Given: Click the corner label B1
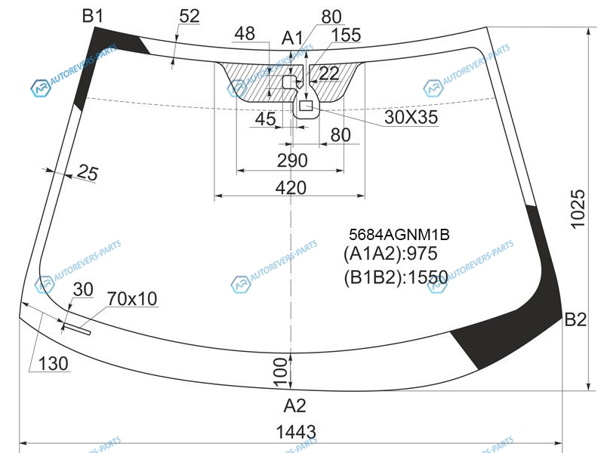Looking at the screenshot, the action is tap(93, 16).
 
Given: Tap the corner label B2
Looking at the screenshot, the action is tap(575, 319).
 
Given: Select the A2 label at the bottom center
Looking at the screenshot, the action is tap(294, 405).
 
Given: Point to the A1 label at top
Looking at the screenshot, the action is tap(292, 39).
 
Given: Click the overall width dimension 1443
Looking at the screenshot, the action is tap(296, 432).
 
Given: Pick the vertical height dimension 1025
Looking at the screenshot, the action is tap(578, 209).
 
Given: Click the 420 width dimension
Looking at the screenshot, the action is tap(291, 187).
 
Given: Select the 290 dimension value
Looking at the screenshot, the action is tap(292, 160).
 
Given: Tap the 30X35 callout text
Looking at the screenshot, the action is tap(411, 117).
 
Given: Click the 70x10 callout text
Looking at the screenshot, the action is tap(132, 298).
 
